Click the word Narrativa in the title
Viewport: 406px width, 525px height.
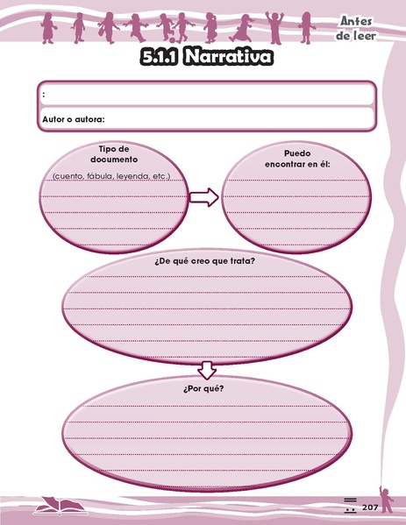228,56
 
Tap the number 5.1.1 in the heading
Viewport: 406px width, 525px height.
159,57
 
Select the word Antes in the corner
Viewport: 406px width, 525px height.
356,21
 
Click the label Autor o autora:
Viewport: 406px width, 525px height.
74,119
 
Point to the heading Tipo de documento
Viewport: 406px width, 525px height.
114,154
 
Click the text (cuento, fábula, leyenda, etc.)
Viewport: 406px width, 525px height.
111,176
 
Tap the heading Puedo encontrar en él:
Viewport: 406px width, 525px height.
297,159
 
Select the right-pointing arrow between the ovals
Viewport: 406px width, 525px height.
204,197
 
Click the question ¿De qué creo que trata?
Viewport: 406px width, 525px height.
204,261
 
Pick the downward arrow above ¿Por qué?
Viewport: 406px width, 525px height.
207,371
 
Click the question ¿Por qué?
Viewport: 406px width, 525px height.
203,389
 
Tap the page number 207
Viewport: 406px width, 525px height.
370,507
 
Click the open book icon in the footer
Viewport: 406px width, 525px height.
61,506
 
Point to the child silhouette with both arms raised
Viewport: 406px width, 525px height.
274,27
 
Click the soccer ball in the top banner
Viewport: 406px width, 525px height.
173,40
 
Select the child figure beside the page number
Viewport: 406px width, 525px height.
386,500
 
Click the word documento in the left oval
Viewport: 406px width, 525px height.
114,160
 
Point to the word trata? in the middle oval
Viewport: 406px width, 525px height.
243,261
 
